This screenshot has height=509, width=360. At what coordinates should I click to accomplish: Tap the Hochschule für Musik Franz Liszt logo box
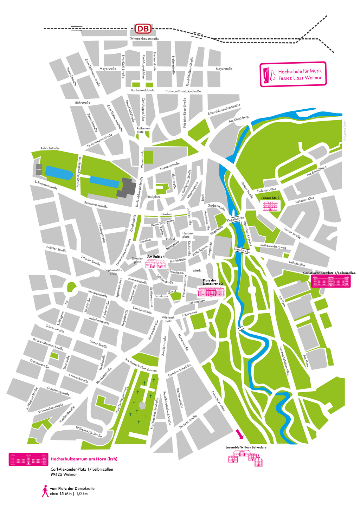pyautogui.click(x=293, y=74)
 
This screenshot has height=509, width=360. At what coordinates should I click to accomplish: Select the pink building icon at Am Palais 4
pyautogui.click(x=156, y=264)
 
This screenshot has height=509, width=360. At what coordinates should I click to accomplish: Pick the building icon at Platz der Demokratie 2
pyautogui.click(x=210, y=292)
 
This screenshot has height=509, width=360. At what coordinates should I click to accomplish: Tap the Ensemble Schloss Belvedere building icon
pyautogui.click(x=246, y=458)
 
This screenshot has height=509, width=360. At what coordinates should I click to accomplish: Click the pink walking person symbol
pyautogui.click(x=45, y=491)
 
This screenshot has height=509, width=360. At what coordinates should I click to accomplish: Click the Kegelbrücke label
pyautogui.click(x=236, y=219)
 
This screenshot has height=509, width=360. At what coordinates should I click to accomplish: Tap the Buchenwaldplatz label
pyautogui.click(x=143, y=90)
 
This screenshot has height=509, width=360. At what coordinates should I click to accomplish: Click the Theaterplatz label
pyautogui.click(x=137, y=260)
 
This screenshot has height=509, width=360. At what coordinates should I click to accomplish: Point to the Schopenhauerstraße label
pyautogui.click(x=144, y=39)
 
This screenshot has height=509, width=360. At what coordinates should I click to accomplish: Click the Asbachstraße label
pyautogui.click(x=50, y=148)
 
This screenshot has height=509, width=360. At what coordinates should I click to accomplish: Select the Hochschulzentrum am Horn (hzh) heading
pyautogui.click(x=84, y=459)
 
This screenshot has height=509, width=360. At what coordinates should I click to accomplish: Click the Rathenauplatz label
pyautogui.click(x=143, y=130)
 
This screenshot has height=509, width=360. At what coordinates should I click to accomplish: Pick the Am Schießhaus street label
pyautogui.click(x=317, y=171)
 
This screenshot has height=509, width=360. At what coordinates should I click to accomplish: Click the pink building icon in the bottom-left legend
pyautogui.click(x=28, y=459)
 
